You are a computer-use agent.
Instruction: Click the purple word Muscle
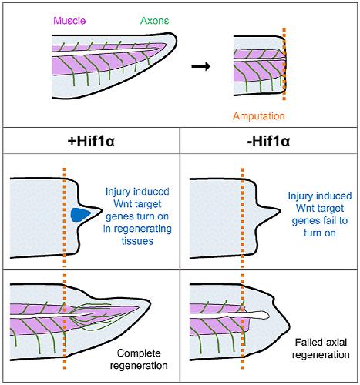click(x=69, y=21)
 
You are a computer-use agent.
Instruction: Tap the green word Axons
click(x=155, y=21)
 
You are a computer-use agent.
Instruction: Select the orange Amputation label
click(x=259, y=116)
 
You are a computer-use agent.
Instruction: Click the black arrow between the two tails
click(x=201, y=66)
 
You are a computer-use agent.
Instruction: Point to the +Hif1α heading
click(x=91, y=141)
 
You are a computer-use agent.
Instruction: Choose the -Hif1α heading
click(x=268, y=141)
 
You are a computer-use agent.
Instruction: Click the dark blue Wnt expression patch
click(x=81, y=215)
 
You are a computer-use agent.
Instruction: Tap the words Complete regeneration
click(x=139, y=360)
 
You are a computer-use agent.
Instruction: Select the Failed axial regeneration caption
click(x=321, y=349)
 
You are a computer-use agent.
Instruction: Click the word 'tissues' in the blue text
click(x=137, y=241)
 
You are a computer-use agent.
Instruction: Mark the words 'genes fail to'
click(x=320, y=220)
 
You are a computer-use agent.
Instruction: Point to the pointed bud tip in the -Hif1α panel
click(x=280, y=210)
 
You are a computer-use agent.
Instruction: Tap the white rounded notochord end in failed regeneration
click(x=267, y=315)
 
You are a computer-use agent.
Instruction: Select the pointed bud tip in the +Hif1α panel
click(x=102, y=210)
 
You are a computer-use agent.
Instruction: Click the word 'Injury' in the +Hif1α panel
click(x=118, y=192)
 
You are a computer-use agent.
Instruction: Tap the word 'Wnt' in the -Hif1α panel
click(x=304, y=208)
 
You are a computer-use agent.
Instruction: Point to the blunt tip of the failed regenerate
click(x=289, y=327)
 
